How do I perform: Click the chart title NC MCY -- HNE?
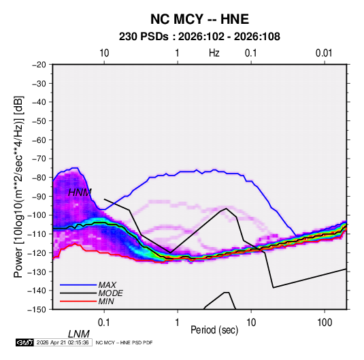coord(199,19)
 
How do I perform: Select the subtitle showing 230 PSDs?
coord(199,37)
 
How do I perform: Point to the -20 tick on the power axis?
coord(39,65)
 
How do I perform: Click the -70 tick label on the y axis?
coord(39,159)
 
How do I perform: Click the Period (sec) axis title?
coord(214,330)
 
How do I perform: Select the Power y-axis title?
coord(18,187)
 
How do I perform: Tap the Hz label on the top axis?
coord(214,53)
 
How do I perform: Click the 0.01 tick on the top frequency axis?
coord(324,53)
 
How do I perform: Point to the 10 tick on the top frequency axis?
coord(104,53)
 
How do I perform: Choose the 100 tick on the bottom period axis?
coord(325,323)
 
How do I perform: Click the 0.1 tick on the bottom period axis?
coord(104,323)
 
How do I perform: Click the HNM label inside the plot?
coord(80,193)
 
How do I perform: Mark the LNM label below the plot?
coord(79,334)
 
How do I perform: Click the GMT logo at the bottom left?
coord(25,342)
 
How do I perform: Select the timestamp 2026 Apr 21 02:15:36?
coord(63,342)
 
